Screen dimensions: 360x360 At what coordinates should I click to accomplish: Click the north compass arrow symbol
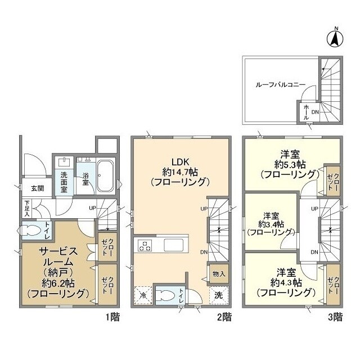[335, 39]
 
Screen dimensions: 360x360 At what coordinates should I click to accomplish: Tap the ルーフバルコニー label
[281, 85]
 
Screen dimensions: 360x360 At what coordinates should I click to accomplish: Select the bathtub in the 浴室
[105, 176]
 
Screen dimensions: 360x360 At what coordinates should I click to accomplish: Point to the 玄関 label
[38, 188]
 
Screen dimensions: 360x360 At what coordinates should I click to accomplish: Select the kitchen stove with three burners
[145, 245]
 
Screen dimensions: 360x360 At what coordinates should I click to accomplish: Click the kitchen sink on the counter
[174, 245]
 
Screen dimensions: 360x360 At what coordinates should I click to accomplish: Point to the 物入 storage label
[218, 274]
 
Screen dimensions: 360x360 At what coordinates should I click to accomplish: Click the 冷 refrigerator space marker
[143, 295]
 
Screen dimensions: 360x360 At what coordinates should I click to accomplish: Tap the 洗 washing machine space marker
[219, 295]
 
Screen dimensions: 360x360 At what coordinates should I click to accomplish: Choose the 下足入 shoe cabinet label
[28, 209]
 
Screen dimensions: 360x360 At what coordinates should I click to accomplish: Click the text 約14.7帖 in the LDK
[180, 172]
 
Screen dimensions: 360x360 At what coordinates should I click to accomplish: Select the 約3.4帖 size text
[271, 224]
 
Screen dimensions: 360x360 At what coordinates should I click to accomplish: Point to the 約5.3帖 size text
[290, 164]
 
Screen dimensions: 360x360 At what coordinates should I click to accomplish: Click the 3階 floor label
[335, 317]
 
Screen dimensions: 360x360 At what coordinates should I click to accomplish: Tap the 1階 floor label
[112, 317]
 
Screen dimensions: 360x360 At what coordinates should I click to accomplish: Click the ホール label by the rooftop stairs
[306, 112]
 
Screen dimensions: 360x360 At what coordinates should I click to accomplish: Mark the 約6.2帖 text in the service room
[58, 283]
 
